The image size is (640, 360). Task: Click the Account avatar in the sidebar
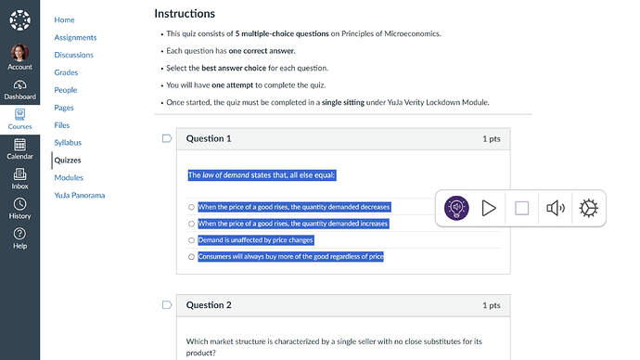19,53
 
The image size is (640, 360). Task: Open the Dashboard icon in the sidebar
19,85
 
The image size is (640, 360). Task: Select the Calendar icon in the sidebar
19,145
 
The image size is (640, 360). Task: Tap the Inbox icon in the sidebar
19,174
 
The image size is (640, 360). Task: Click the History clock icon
19,204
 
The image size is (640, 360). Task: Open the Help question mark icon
19,234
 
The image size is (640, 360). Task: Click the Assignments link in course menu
75,37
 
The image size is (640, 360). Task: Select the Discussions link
74,55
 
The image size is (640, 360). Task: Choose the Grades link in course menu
66,72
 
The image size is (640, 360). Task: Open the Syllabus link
68,143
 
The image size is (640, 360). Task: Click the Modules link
69,178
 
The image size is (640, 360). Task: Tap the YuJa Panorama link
80,196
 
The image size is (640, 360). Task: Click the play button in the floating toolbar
489,208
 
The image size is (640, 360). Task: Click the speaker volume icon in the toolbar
556,208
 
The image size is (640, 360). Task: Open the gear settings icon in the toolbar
588,208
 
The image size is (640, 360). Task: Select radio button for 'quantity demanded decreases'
191,207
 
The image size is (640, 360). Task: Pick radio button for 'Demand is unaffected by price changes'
191,240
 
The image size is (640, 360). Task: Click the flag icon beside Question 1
167,138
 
